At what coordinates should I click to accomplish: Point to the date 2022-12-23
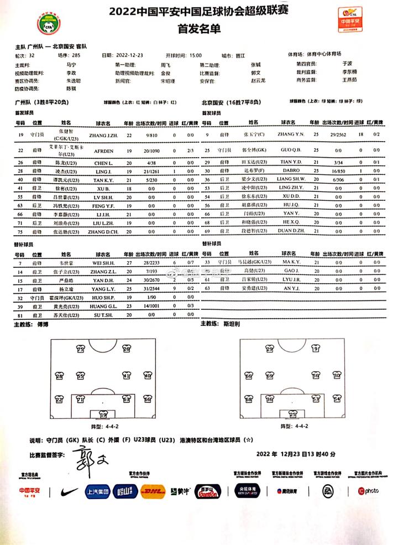click(x=130, y=56)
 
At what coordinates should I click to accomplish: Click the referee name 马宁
click(x=70, y=64)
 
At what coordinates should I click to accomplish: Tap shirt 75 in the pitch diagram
click(x=81, y=350)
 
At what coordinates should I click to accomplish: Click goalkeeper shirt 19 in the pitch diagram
click(x=103, y=414)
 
